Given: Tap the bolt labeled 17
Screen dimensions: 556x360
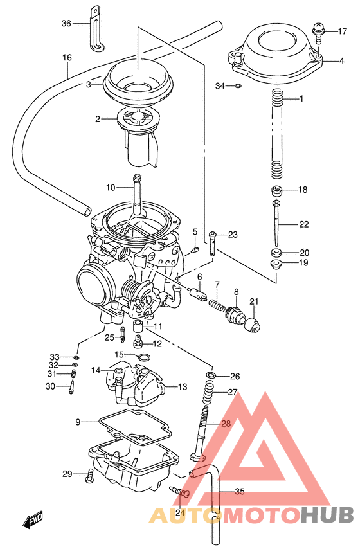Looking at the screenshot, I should coord(318,30).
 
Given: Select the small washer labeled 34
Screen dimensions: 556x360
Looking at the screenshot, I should coord(237,85).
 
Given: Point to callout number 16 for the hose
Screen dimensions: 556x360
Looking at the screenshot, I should coord(67,58).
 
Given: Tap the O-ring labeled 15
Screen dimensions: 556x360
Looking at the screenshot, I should coord(145,357).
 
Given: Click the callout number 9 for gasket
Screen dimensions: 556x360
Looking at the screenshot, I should coord(77,422).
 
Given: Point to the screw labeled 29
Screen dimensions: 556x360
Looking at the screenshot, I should coord(89,476).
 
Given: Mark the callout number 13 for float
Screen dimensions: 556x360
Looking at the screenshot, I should coord(183,387).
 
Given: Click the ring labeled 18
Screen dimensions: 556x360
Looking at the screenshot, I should coord(277,190).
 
